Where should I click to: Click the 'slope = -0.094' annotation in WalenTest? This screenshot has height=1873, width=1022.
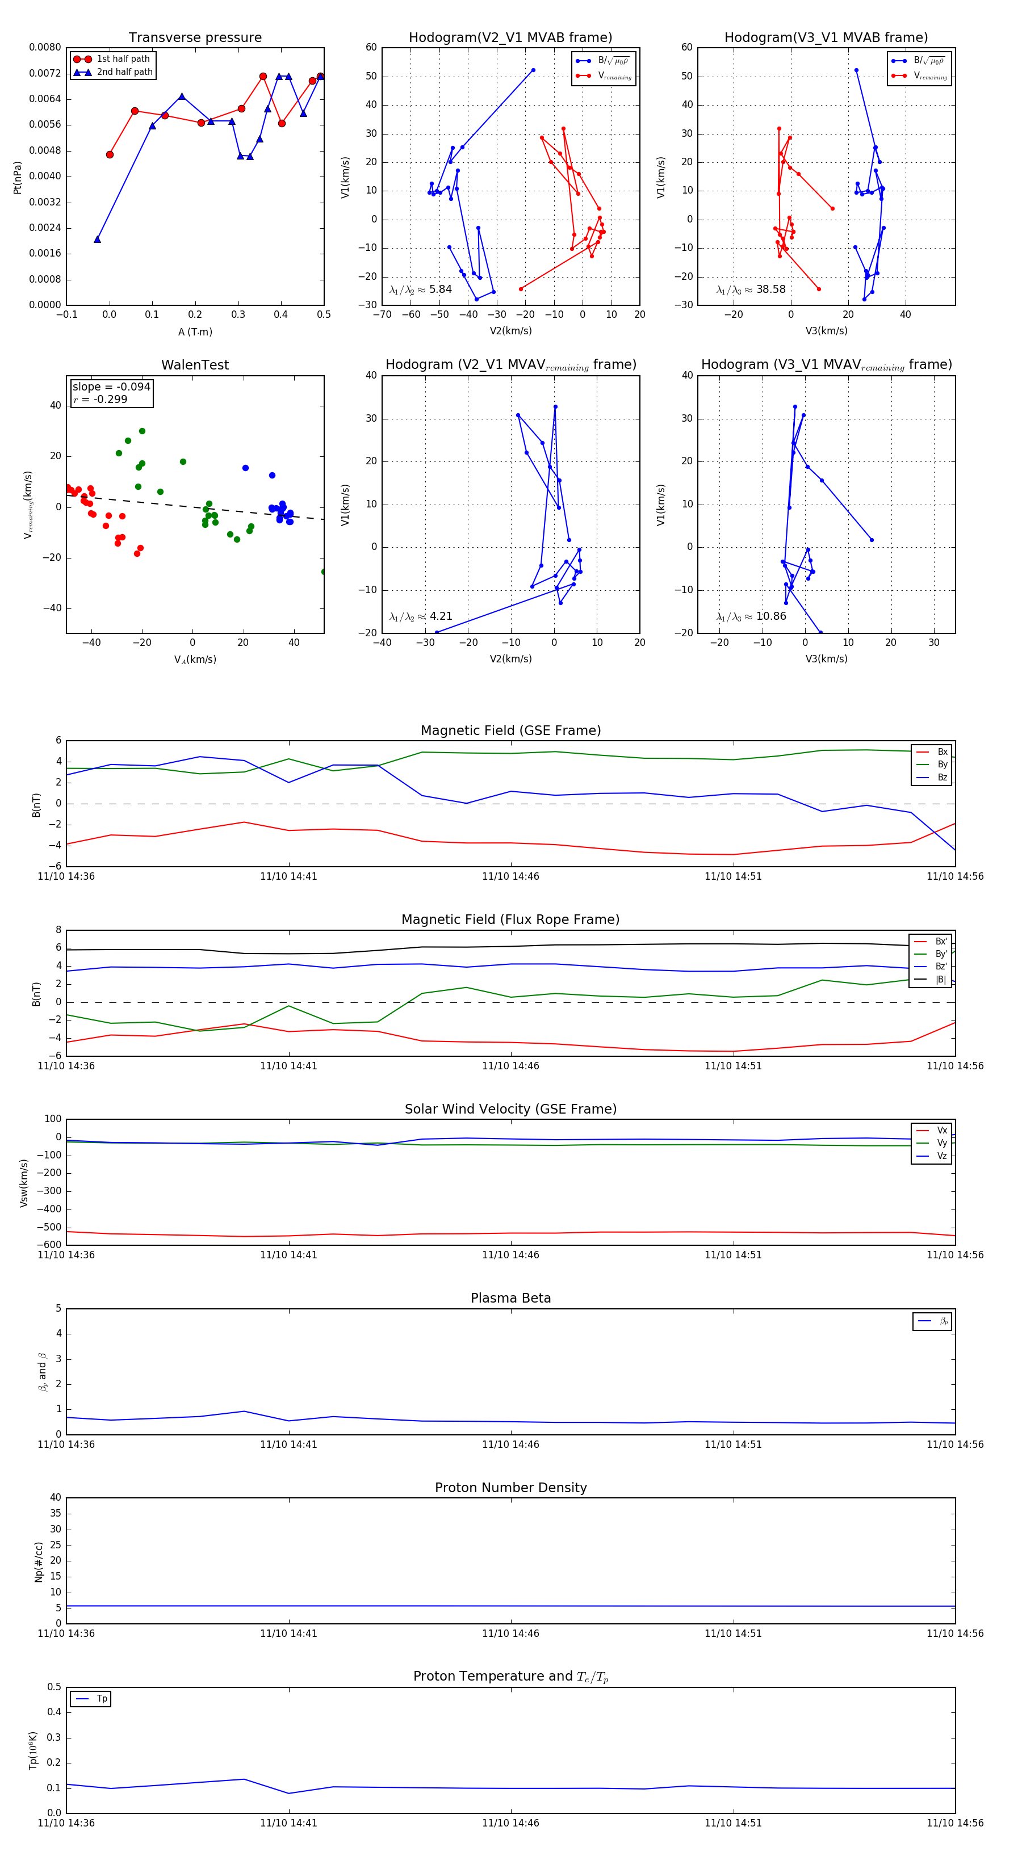pos(111,387)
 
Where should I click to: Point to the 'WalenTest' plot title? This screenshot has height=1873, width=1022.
pos(195,365)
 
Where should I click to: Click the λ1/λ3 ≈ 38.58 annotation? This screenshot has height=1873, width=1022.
pos(751,289)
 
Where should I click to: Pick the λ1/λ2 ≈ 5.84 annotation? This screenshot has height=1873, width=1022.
pos(420,289)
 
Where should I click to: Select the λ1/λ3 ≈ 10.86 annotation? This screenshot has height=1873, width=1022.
pos(751,616)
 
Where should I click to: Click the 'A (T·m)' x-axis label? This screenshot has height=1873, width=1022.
pos(195,331)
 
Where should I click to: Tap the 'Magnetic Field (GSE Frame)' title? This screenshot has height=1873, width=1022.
pos(510,730)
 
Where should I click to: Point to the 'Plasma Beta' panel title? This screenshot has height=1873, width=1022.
pos(510,1299)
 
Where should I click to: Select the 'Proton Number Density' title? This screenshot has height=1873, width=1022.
pos(510,1488)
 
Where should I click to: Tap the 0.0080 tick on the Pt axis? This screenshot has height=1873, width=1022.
pos(45,47)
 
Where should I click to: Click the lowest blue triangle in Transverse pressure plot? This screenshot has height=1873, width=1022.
pos(98,239)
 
